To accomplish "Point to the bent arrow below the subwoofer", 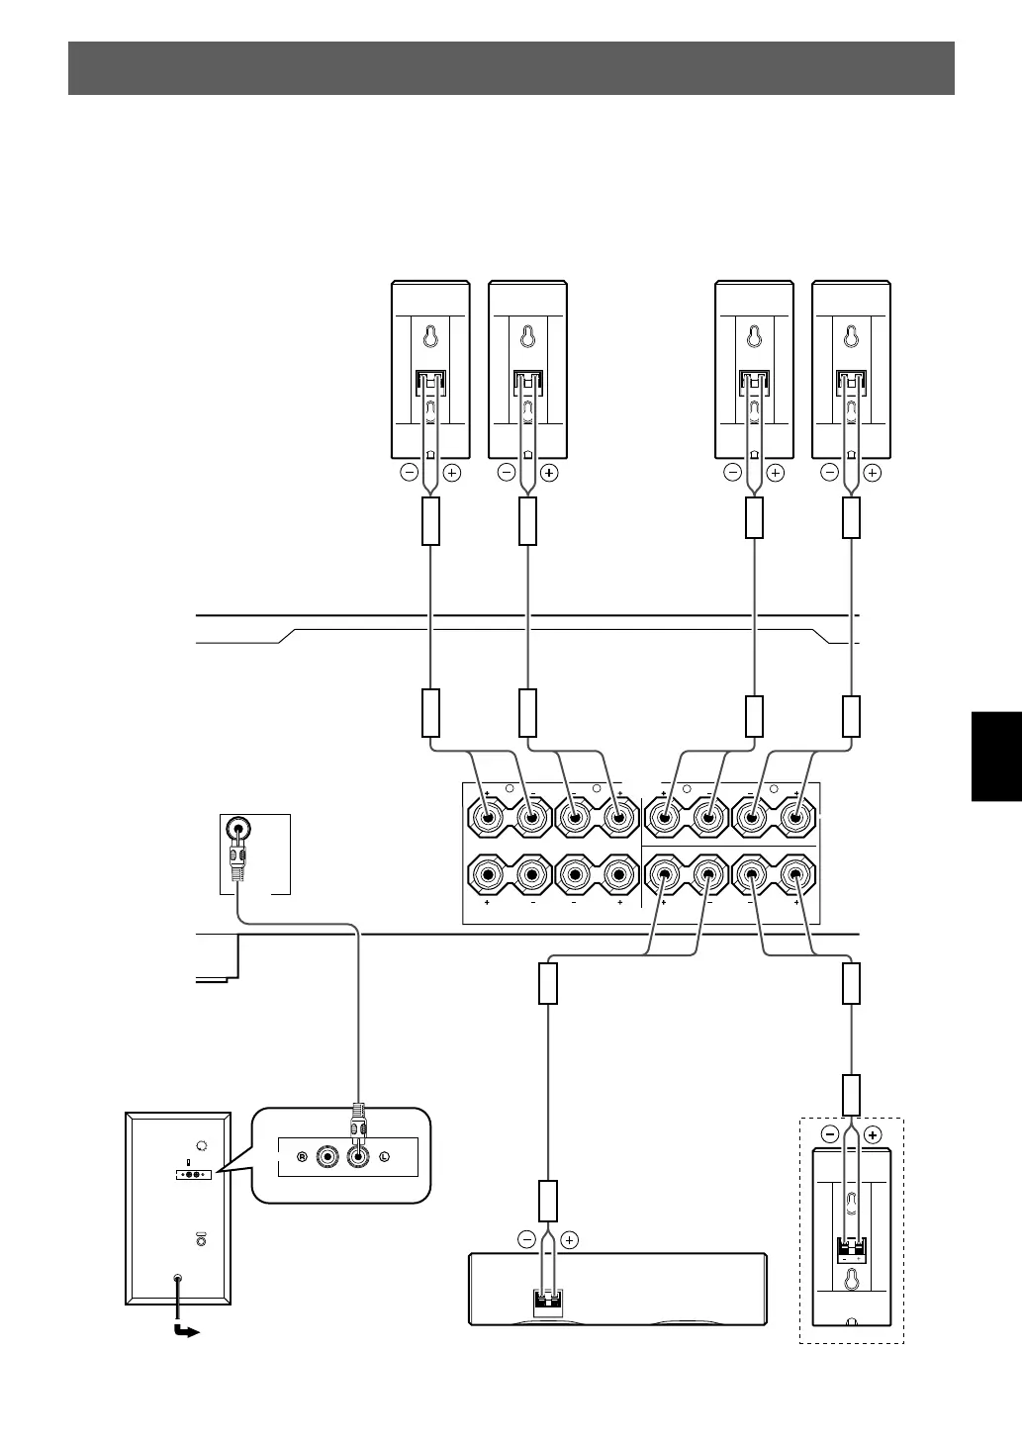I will (x=184, y=1329).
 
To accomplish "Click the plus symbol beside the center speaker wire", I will (x=570, y=1239).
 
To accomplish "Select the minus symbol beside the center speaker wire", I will (x=525, y=1239).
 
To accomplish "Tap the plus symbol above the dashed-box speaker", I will (x=872, y=1134).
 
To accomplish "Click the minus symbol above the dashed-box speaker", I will (x=831, y=1134).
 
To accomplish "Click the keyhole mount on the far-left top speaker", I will (x=430, y=338).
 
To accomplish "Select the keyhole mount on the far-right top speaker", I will (x=851, y=338).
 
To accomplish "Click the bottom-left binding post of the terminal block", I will (x=488, y=874).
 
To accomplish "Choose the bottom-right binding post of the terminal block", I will (x=795, y=874).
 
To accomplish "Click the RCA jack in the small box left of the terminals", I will (x=237, y=829).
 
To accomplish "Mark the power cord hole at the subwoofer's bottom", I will (x=178, y=1279).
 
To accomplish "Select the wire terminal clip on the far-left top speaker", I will (x=430, y=382).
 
